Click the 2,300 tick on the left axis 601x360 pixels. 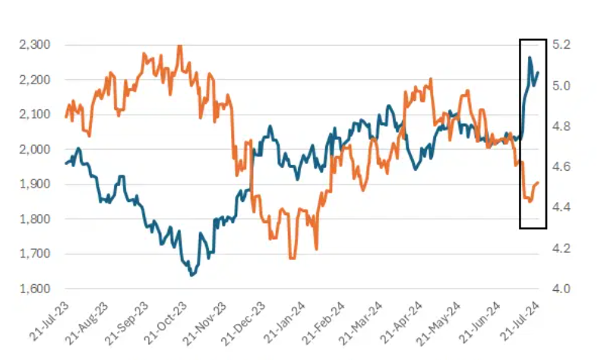tap(35, 45)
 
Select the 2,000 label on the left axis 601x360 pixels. tap(35, 150)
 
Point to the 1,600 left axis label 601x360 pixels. tap(35, 289)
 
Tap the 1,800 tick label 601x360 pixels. tap(35, 219)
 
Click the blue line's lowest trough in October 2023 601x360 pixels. tap(191, 275)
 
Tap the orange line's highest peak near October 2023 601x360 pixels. tap(179, 46)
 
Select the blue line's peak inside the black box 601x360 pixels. tap(530, 58)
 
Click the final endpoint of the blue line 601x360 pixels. tap(539, 73)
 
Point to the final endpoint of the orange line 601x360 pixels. tap(539, 182)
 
